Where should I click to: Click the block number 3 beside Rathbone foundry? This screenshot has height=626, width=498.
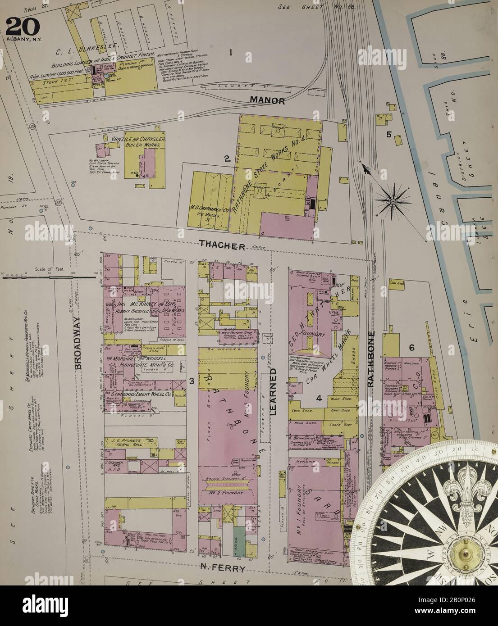(x=192, y=382)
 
